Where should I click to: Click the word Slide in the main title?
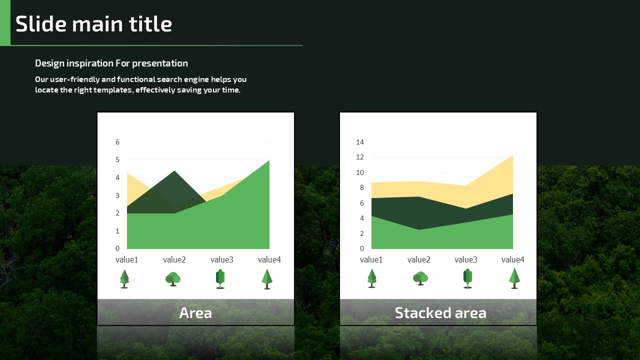click(x=41, y=23)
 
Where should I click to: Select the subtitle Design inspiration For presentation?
click(x=111, y=63)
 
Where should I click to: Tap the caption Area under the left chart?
click(x=195, y=313)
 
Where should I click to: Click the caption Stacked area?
click(x=440, y=313)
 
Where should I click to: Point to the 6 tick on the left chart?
click(x=117, y=142)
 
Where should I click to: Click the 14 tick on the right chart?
click(x=360, y=142)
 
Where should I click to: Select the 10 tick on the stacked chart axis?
click(x=360, y=172)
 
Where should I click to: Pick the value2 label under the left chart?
click(x=174, y=259)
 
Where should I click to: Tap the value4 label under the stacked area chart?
click(x=513, y=259)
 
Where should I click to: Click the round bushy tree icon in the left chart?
click(x=173, y=279)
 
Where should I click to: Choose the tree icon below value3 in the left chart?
click(x=220, y=279)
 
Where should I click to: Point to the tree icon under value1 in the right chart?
click(x=371, y=278)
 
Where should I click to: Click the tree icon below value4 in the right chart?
click(x=514, y=278)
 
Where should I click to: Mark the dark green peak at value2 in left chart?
click(x=174, y=171)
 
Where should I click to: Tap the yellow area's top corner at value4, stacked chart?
click(x=513, y=155)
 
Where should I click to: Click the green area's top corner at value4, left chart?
click(x=269, y=160)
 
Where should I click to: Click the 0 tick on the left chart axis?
click(x=117, y=248)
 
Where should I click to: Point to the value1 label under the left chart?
click(x=127, y=259)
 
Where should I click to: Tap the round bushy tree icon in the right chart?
click(x=420, y=278)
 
